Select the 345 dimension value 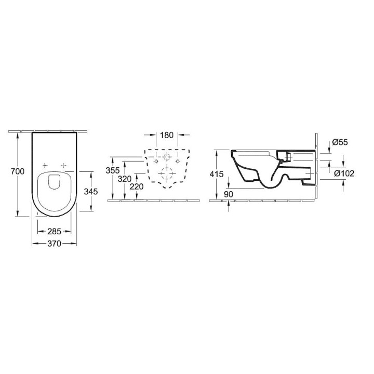point(91,191)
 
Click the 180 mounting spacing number point(166,136)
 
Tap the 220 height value point(137,186)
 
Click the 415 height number point(217,175)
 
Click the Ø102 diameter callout point(344,173)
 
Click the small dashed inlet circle point(167,157)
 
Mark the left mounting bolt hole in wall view point(155,162)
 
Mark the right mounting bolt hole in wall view point(178,162)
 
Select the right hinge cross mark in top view point(63,165)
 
